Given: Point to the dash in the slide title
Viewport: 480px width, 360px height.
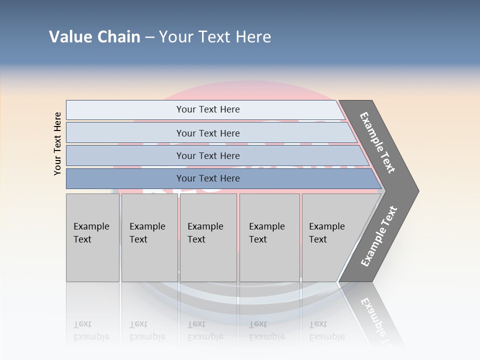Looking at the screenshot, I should pos(149,37).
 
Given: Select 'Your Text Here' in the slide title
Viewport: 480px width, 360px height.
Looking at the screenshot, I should pos(215,37).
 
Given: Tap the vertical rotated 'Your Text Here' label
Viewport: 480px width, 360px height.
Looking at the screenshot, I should pos(57,143).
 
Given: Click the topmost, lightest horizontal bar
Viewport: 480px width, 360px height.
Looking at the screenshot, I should pos(207,109).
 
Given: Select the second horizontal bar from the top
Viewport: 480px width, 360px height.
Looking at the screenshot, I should pos(207,133).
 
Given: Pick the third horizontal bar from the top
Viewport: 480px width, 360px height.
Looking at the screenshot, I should pos(207,155).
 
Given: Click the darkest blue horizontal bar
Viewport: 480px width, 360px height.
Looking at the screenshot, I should pos(207,178).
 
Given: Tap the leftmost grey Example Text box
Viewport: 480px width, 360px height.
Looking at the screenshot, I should pos(92,237).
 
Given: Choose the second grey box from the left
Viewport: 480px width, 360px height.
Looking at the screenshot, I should pos(149,237).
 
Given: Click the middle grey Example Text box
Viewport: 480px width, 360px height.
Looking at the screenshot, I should pos(208,237).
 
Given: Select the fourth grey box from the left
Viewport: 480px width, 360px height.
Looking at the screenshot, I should pos(269,237).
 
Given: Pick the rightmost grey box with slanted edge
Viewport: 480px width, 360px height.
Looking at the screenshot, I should pos(330,237).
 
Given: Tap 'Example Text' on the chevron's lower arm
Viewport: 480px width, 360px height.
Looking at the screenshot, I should pos(378,236).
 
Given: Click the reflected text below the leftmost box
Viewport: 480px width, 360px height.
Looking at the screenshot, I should pos(91,330).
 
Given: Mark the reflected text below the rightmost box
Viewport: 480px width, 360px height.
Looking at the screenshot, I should pos(327,330).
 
